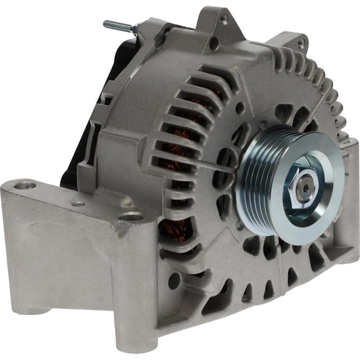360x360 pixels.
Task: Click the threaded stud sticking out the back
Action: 116,26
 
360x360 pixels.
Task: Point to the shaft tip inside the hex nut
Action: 304,187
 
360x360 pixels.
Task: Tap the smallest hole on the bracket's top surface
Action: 79,204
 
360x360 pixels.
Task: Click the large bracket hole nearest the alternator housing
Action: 131,216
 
